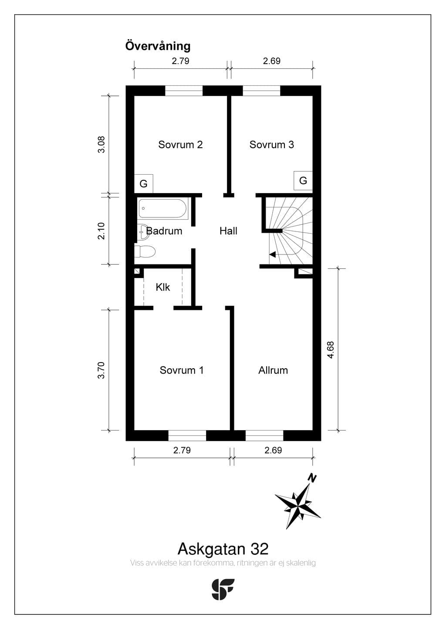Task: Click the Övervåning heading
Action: coord(158,46)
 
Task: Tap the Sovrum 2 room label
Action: coord(180,145)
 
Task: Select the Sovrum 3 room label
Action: coord(271,145)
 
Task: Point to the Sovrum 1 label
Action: coord(182,370)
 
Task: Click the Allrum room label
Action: coord(273,370)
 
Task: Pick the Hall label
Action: coord(228,231)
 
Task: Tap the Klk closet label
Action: coord(163,287)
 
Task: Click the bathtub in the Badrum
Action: coord(163,208)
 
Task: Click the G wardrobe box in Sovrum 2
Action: coord(144,183)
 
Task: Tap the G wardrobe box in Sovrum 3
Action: coord(303,180)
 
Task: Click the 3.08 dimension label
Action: coord(101,145)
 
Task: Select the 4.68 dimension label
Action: coord(331,350)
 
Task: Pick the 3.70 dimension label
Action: coord(101,370)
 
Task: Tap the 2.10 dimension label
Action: coord(101,231)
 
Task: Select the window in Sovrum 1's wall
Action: coord(187,435)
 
